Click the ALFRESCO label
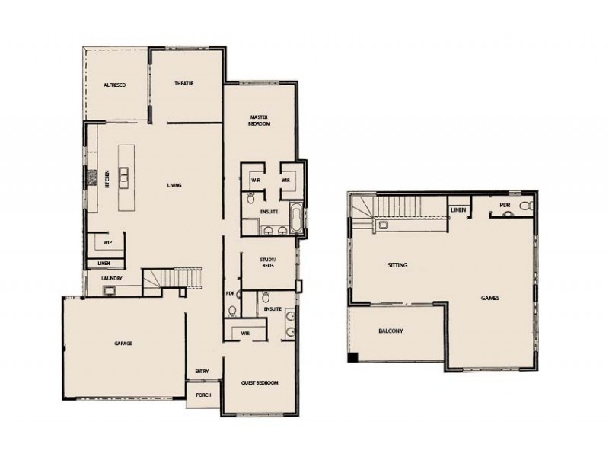114,85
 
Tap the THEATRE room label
185,83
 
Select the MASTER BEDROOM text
260,120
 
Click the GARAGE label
123,344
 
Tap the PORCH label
203,395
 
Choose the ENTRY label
202,372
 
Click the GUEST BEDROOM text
260,382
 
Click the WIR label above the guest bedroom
246,333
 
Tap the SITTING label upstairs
397,265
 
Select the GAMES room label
490,298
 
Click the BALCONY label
391,331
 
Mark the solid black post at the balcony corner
352,358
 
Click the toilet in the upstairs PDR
526,206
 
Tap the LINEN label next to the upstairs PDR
458,209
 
